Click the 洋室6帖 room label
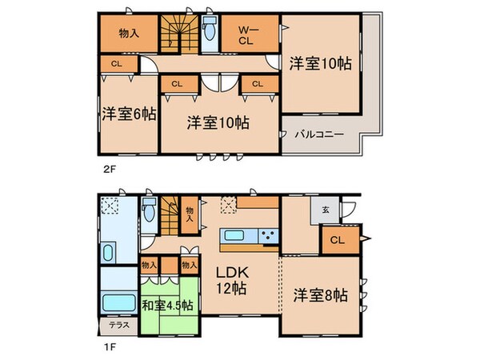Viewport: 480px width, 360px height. coord(128,114)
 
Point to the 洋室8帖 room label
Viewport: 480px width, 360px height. coord(319,296)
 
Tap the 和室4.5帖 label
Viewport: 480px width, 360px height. coord(167,304)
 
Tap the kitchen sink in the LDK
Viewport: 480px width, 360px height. coord(236,235)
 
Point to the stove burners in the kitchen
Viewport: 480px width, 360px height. coord(266,235)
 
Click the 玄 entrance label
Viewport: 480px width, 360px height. coord(326,210)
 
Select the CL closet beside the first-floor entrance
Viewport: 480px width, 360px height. coord(338,238)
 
